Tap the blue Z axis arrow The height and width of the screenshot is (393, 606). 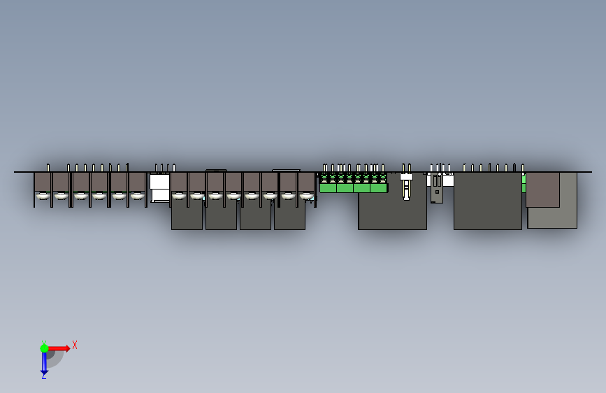(x=43, y=364)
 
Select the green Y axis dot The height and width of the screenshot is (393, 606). (x=43, y=348)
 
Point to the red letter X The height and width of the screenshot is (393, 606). (x=75, y=345)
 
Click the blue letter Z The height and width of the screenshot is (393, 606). (x=43, y=376)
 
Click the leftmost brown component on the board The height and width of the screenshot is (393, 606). (x=43, y=183)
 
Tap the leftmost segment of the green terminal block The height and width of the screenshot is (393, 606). (x=327, y=187)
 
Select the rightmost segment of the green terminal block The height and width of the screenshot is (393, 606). (x=378, y=187)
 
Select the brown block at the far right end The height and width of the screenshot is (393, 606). (x=542, y=190)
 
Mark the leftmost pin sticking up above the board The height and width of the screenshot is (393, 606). (x=48, y=167)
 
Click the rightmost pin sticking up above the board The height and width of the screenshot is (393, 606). (x=523, y=167)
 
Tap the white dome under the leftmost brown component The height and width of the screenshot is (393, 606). (x=43, y=196)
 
